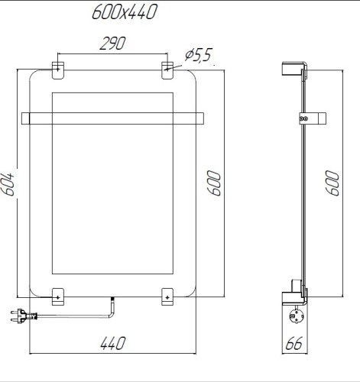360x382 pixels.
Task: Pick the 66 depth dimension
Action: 294,343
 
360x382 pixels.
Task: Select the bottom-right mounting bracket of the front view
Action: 167,295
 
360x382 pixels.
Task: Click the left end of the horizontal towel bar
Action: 26,118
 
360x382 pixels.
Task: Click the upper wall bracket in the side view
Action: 294,70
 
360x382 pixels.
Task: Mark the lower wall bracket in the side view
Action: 294,290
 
